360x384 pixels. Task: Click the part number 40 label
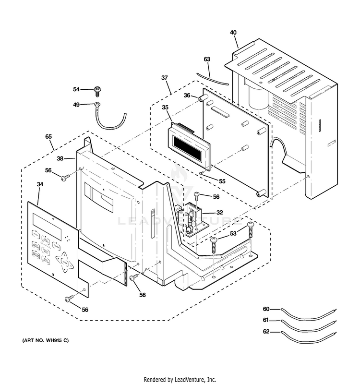click(233, 33)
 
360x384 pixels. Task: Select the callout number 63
click(207, 60)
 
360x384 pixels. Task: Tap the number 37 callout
click(164, 78)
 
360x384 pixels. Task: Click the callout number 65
click(48, 137)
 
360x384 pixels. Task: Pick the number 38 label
click(60, 158)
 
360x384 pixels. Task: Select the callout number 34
click(40, 184)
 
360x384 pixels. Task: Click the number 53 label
click(233, 234)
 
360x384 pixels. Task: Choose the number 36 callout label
click(187, 96)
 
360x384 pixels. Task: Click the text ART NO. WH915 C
click(46, 340)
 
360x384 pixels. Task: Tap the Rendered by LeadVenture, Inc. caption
click(180, 379)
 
